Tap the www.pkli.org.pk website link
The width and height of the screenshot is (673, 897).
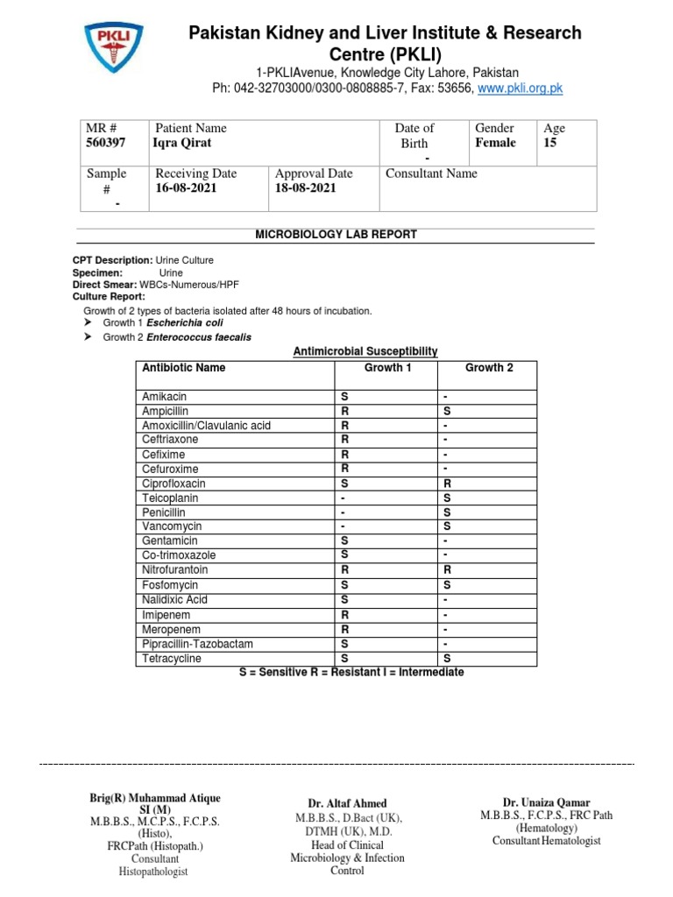521,88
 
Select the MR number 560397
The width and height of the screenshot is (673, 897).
107,143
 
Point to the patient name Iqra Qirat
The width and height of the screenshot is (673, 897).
182,143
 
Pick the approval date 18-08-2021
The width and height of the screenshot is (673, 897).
305,188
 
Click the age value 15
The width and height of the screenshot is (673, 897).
550,143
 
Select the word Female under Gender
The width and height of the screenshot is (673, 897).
495,143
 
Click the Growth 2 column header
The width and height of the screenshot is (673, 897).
489,368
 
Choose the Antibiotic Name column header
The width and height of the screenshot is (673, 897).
184,368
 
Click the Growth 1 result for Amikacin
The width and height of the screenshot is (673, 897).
344,397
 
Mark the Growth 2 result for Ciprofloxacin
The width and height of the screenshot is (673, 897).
447,484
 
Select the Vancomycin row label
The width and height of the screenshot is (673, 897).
172,526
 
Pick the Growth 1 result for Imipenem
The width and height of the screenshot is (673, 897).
344,615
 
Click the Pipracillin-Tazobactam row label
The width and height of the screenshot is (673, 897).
197,644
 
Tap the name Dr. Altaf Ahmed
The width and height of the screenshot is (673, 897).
347,803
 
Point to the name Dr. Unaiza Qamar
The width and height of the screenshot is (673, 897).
546,802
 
